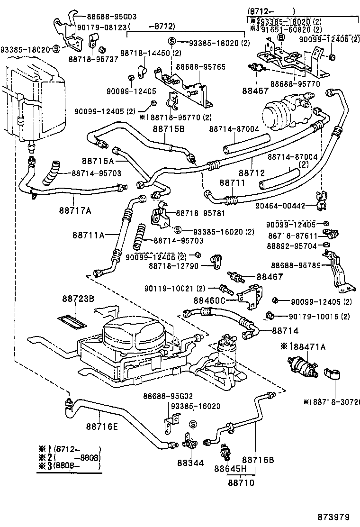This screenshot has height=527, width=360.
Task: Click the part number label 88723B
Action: click(x=78, y=299)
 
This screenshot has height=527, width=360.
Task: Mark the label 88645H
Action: click(x=231, y=469)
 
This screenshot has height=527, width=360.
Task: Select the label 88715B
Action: click(x=168, y=128)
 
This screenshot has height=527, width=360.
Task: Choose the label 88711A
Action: click(x=89, y=235)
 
